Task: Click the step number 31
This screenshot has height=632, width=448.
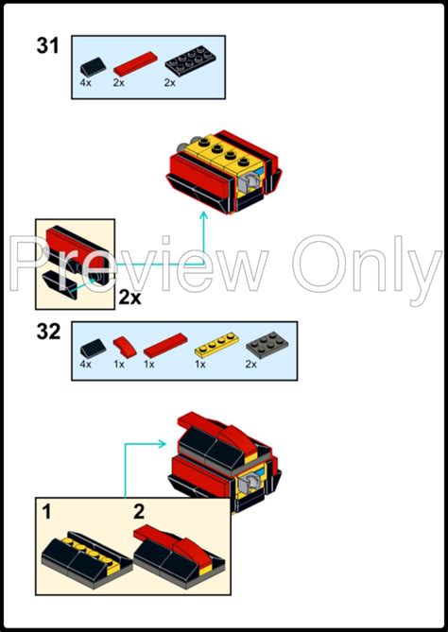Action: click(x=48, y=45)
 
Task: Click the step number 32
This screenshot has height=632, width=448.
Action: click(x=48, y=332)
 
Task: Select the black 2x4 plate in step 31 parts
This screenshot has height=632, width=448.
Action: click(x=190, y=61)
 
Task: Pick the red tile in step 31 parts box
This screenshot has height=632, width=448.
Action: click(x=134, y=63)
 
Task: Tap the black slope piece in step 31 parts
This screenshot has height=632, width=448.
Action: click(x=93, y=66)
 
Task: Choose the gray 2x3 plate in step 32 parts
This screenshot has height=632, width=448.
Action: click(x=267, y=345)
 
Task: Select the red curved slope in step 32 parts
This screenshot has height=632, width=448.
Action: click(x=125, y=348)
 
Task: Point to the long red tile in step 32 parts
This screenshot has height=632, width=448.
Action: click(x=165, y=346)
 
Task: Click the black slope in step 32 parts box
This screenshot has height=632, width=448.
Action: click(x=93, y=349)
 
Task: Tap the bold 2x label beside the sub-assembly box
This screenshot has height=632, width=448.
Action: click(x=129, y=298)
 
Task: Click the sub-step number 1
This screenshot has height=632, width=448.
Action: click(x=47, y=513)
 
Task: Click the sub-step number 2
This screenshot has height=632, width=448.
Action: click(x=139, y=512)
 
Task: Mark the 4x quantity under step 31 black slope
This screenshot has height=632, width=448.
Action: click(x=85, y=83)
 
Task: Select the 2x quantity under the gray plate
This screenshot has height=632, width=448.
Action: click(x=250, y=365)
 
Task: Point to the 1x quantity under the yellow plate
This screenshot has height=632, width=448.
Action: click(x=200, y=365)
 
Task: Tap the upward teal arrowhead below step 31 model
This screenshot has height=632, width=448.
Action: click(x=203, y=215)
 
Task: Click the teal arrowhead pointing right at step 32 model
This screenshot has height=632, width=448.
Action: click(x=163, y=444)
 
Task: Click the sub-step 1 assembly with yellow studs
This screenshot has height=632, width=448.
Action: click(x=87, y=559)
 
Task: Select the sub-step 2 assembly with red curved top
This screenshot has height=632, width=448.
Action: click(x=179, y=556)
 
